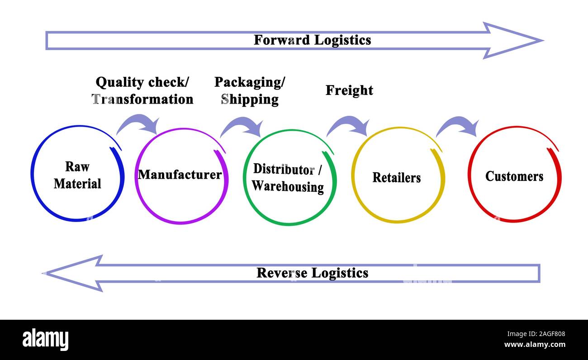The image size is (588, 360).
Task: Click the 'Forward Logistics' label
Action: click(312, 40)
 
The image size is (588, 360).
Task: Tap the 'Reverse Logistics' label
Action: click(312, 273)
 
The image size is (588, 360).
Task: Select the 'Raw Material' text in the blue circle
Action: click(77, 175)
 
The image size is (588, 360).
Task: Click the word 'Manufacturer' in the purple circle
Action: click(180, 175)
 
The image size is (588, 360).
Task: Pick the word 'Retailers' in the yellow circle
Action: click(396, 178)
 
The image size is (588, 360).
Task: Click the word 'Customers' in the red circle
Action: click(514, 176)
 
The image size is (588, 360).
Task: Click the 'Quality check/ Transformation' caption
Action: click(142, 90)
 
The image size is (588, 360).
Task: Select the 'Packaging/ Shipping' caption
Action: click(250, 90)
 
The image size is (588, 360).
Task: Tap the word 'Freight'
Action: click(349, 90)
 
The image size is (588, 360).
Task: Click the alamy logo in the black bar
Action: click(45, 340)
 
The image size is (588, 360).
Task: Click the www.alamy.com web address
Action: click(534, 345)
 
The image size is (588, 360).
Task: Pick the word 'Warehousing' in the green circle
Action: click(288, 186)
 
